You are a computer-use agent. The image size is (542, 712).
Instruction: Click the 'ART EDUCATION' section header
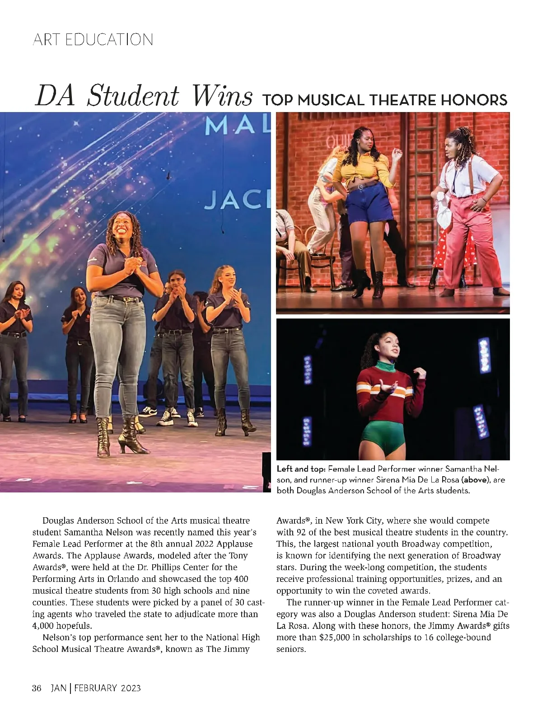tap(93, 40)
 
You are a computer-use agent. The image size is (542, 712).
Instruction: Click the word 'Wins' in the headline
tap(222, 96)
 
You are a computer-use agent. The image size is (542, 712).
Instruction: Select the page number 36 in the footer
tap(37, 688)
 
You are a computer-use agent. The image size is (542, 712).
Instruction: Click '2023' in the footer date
tap(131, 688)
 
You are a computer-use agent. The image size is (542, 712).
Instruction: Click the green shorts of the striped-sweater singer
tap(384, 431)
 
